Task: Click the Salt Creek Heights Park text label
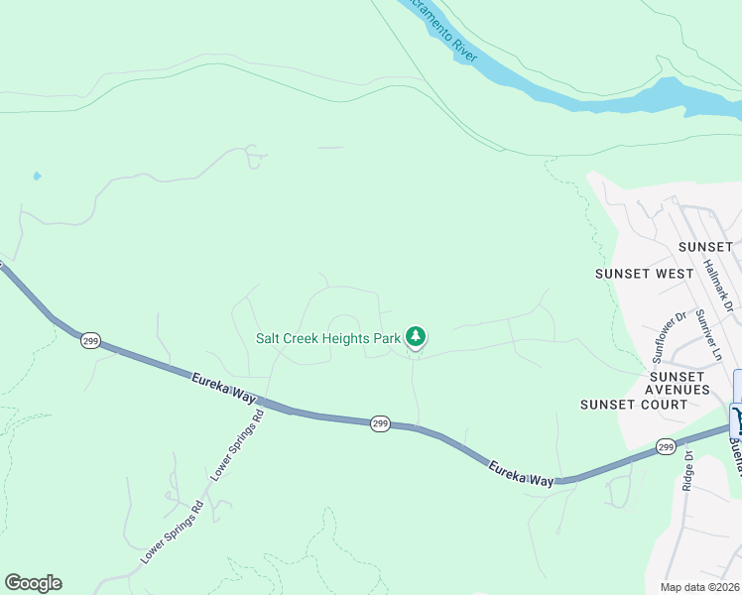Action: pos(327,338)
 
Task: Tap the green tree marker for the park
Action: pos(416,338)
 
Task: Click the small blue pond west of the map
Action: pos(37,176)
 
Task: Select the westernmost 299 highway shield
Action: pos(90,340)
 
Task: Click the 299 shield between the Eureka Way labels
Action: pos(381,423)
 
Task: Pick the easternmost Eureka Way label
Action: pos(520,471)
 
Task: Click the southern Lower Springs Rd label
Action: pos(172,533)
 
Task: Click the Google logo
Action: pos(33,583)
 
